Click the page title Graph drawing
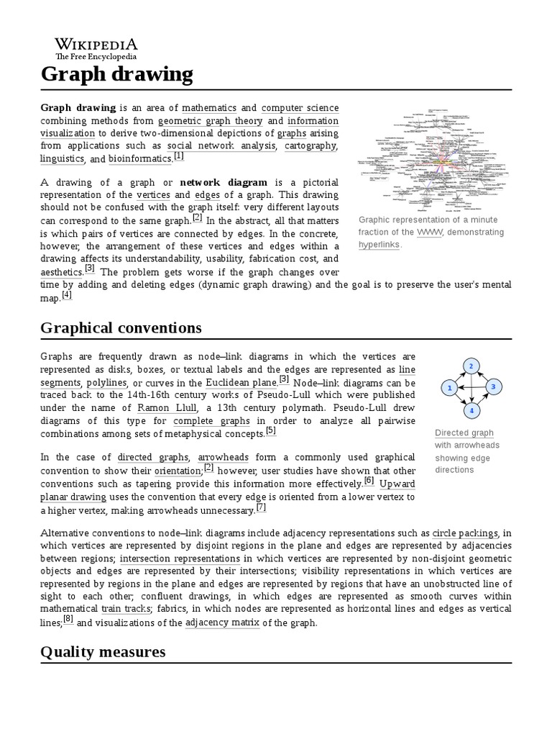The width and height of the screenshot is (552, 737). [116, 73]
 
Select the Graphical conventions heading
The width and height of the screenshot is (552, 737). [121, 327]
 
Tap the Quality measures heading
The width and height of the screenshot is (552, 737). [103, 651]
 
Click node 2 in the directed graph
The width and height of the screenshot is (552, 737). [471, 366]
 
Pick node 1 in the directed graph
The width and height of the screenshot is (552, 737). [449, 389]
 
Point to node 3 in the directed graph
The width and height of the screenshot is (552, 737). [493, 387]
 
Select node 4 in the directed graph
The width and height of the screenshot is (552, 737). [471, 411]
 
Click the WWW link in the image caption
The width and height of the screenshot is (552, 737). [428, 232]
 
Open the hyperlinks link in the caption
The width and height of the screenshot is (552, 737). [379, 244]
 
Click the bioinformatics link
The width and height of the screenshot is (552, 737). [141, 159]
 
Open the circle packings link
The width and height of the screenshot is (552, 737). [464, 533]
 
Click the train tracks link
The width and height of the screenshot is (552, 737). [126, 609]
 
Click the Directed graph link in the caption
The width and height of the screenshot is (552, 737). [464, 433]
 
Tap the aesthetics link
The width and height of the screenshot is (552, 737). [61, 273]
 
